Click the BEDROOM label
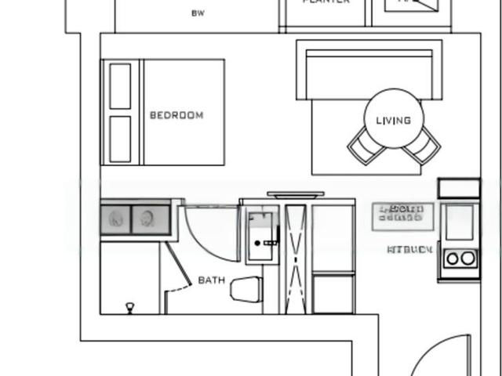pyautogui.click(x=176, y=115)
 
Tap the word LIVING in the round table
pyautogui.click(x=394, y=121)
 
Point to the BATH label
pyautogui.click(x=211, y=280)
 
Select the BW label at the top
pyautogui.click(x=198, y=13)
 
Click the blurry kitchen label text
pyautogui.click(x=410, y=250)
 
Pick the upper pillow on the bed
pyautogui.click(x=120, y=86)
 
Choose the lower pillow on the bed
pyautogui.click(x=120, y=139)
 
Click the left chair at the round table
pyautogui.click(x=362, y=146)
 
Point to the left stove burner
pyautogui.click(x=453, y=258)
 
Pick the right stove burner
pyautogui.click(x=468, y=258)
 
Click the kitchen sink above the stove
pyautogui.click(x=460, y=222)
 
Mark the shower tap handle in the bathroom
pyautogui.click(x=271, y=243)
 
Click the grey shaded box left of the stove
pyautogui.click(x=402, y=216)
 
